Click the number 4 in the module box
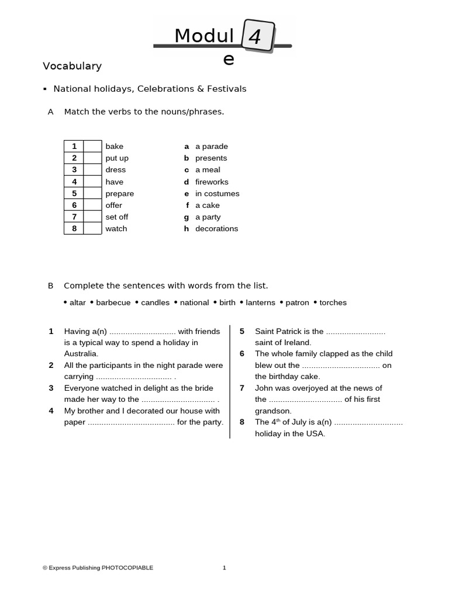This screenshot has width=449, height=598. pyautogui.click(x=255, y=37)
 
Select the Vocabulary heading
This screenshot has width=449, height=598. pyautogui.click(x=72, y=66)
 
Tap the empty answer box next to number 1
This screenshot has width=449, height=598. pyautogui.click(x=92, y=147)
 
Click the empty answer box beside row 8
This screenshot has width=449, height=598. pyautogui.click(x=92, y=228)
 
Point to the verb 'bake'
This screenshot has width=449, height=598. pyautogui.click(x=114, y=147)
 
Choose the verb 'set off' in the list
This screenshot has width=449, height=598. pyautogui.click(x=116, y=217)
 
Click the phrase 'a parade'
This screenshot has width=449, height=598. pyautogui.click(x=211, y=147)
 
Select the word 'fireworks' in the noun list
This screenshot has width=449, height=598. pyautogui.click(x=212, y=182)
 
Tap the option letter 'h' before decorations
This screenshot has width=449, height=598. pyautogui.click(x=186, y=228)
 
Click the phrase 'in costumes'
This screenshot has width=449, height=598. pyautogui.click(x=217, y=193)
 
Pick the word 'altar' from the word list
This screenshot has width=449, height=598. pyautogui.click(x=77, y=303)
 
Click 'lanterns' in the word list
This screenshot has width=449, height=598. pyautogui.click(x=260, y=303)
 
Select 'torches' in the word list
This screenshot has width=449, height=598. pyautogui.click(x=333, y=303)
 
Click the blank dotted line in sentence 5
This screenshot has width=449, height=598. pyautogui.click(x=355, y=332)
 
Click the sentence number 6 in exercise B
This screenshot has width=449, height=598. pyautogui.click(x=242, y=353)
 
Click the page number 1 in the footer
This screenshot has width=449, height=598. pyautogui.click(x=224, y=568)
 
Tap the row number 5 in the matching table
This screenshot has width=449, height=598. pyautogui.click(x=74, y=193)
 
